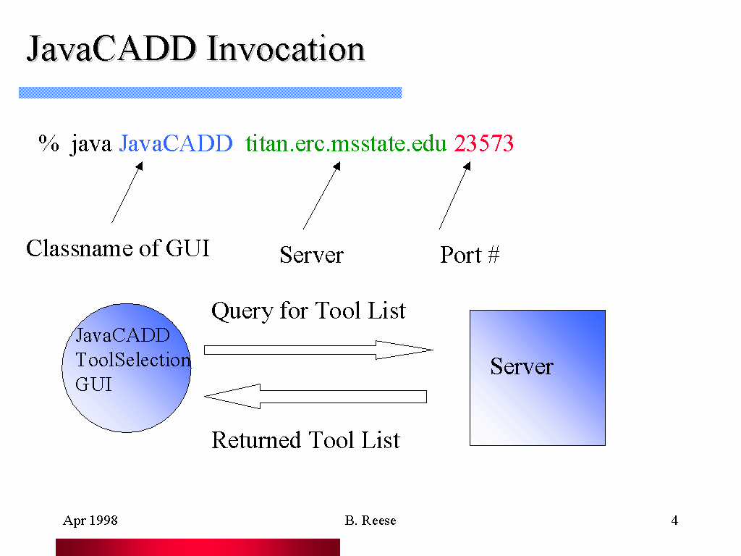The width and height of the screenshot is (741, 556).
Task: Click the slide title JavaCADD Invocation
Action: click(195, 49)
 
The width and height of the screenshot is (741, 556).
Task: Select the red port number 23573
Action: click(483, 143)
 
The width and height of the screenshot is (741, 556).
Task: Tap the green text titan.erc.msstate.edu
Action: click(346, 143)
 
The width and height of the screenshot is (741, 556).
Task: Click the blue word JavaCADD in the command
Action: click(176, 143)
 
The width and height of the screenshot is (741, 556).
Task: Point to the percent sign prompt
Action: click(48, 143)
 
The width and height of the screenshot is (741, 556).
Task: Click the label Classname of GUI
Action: click(118, 248)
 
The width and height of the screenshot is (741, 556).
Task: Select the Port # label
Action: click(470, 255)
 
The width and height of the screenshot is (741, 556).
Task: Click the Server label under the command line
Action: click(311, 255)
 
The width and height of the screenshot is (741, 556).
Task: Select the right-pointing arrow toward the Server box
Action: click(318, 350)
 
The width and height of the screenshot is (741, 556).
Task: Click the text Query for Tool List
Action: click(308, 311)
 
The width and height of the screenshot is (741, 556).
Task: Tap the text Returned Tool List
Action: click(305, 440)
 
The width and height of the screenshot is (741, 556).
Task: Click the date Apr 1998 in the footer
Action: click(90, 521)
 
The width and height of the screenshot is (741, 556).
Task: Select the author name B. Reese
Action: click(370, 521)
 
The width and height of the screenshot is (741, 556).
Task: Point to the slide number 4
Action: click(674, 521)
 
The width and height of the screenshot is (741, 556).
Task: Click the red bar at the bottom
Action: click(198, 547)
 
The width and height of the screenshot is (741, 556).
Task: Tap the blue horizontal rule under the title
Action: click(210, 93)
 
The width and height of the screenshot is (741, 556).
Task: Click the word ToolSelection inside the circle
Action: click(133, 360)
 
